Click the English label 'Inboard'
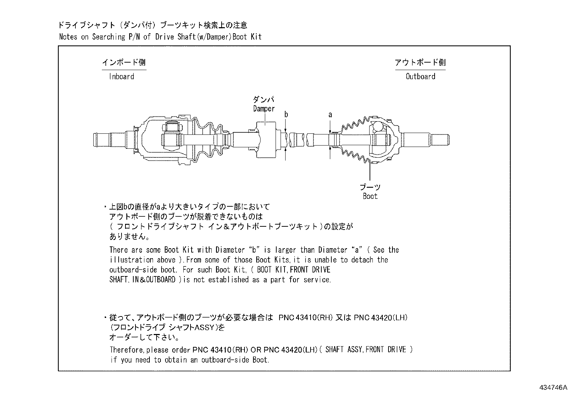[x=122, y=77]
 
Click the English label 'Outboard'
[x=420, y=77]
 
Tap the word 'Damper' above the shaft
[x=264, y=109]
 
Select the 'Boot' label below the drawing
[x=370, y=196]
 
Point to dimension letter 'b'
[x=286, y=115]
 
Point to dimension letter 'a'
[x=330, y=115]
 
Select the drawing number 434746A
[x=553, y=387]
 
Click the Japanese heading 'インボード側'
[x=124, y=63]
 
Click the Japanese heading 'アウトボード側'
[x=420, y=63]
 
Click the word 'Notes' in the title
[x=68, y=37]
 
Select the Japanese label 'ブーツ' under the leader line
[x=370, y=187]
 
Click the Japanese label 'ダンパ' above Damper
[x=264, y=100]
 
